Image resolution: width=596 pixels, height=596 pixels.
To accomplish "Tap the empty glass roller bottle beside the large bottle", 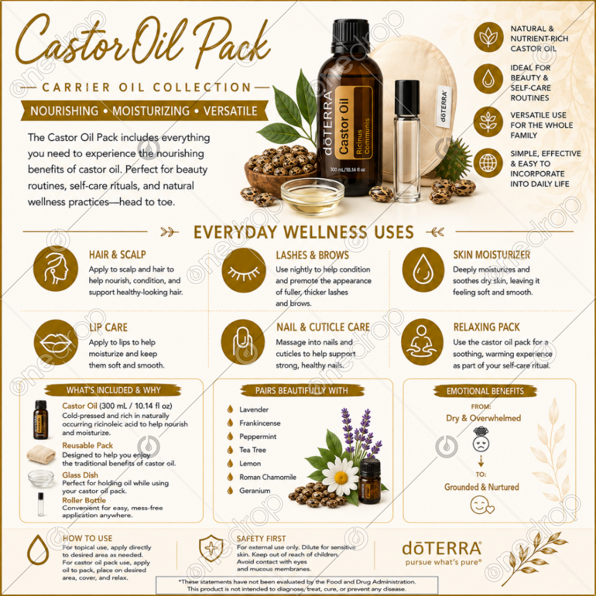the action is (407, 141).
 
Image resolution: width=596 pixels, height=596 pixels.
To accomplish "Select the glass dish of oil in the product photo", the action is (312, 196).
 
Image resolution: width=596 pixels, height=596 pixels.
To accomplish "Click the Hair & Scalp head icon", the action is (55, 269).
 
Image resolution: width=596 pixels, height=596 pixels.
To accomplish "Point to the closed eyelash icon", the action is (244, 270).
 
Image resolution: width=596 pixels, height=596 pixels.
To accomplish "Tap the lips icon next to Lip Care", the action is (55, 342).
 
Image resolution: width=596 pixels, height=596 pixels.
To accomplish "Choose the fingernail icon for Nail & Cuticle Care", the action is (243, 342).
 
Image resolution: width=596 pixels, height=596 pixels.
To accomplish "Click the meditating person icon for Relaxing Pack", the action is (422, 342).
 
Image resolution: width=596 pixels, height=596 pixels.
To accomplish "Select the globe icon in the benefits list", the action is (488, 163).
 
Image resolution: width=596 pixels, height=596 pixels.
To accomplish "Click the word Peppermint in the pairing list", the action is (257, 436).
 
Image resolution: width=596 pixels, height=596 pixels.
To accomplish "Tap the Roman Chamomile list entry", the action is (268, 477).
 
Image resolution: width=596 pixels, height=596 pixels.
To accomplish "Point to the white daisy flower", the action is (340, 476).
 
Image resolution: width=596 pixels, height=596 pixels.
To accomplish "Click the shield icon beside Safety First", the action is (212, 548).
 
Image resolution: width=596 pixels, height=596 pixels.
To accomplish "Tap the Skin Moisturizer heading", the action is (492, 254).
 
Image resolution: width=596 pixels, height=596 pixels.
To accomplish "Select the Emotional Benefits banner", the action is (485, 391).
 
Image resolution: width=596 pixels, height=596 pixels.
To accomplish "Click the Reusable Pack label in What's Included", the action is (88, 445).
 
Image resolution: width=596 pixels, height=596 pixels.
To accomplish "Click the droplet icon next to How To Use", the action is (38, 550).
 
